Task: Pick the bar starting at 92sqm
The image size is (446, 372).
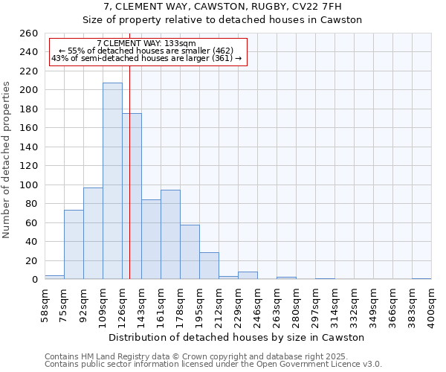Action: point(93,234)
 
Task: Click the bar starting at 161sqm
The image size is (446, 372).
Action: point(170,234)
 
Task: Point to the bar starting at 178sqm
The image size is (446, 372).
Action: point(190,251)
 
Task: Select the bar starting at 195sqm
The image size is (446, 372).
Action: point(209,266)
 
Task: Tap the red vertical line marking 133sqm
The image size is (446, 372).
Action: point(129,171)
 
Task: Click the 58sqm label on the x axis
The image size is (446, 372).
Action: point(45,304)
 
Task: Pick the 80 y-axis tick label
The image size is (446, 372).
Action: point(32,204)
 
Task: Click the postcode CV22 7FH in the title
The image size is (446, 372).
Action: point(317,7)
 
